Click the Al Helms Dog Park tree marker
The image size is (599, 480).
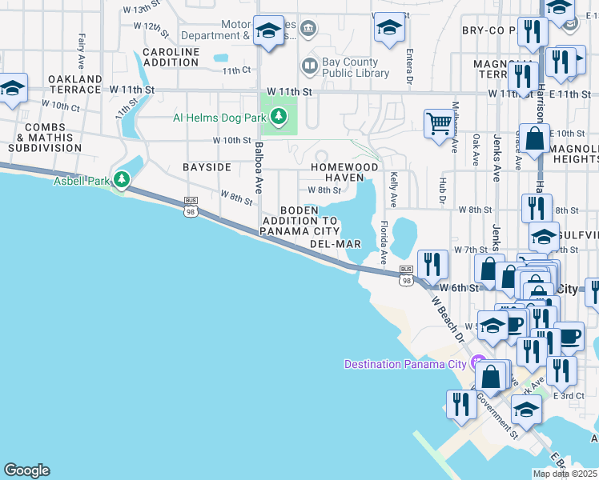279,118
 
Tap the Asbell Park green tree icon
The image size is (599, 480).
122,181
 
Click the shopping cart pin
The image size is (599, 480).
438,124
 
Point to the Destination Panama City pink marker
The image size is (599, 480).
479,362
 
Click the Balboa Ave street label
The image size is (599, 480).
259,169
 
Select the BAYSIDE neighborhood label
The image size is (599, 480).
207,167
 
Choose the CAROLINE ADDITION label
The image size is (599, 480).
171,57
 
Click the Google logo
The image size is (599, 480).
26,470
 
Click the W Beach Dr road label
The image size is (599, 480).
448,320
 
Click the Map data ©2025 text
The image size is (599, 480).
565,474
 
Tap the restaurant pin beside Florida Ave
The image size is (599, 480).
432,264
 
